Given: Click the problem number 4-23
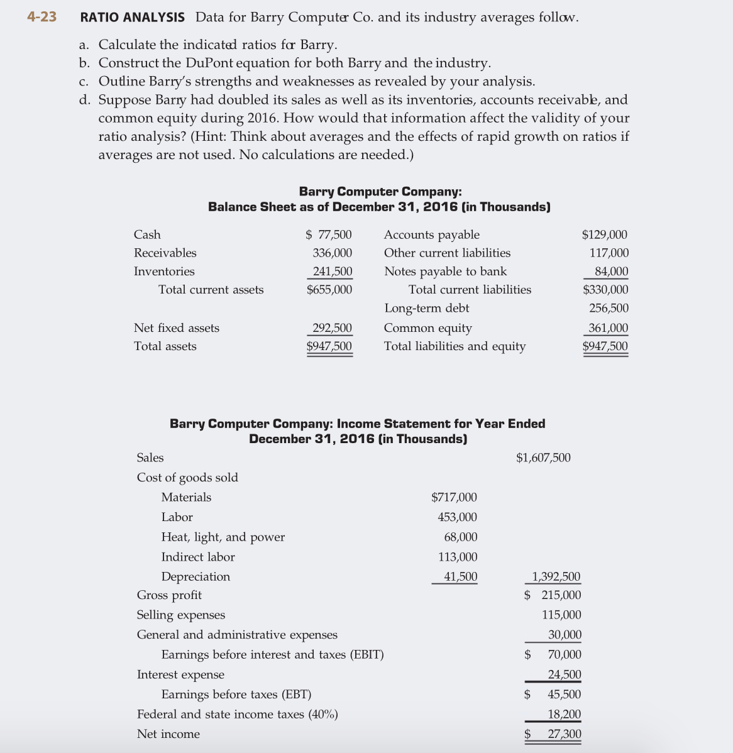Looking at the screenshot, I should coord(41,17).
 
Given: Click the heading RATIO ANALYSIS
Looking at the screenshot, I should coord(133,18).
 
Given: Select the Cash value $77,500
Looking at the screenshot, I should coord(329,235).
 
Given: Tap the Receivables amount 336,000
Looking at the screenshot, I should coord(333,253).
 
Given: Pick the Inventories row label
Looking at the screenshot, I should coord(164,272).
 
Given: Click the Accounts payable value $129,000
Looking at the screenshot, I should coord(605,235).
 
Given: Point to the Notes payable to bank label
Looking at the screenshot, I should coord(445,272).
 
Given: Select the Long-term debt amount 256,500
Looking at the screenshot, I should coord(609,308).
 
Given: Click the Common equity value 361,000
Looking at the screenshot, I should coord(608,328).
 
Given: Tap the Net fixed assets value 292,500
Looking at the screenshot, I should coord(333,328).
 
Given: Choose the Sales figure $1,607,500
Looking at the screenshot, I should coord(543,458).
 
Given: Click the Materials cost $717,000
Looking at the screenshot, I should coord(454,498).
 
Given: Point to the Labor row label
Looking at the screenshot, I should coord(177,517).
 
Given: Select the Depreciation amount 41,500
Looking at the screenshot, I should coord(461,577).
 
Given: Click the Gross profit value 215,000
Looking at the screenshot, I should coord(561,595).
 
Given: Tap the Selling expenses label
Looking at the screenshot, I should coord(181,615).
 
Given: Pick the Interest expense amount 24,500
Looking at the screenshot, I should coord(565,675).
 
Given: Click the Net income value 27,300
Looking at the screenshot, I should coord(565,734).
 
